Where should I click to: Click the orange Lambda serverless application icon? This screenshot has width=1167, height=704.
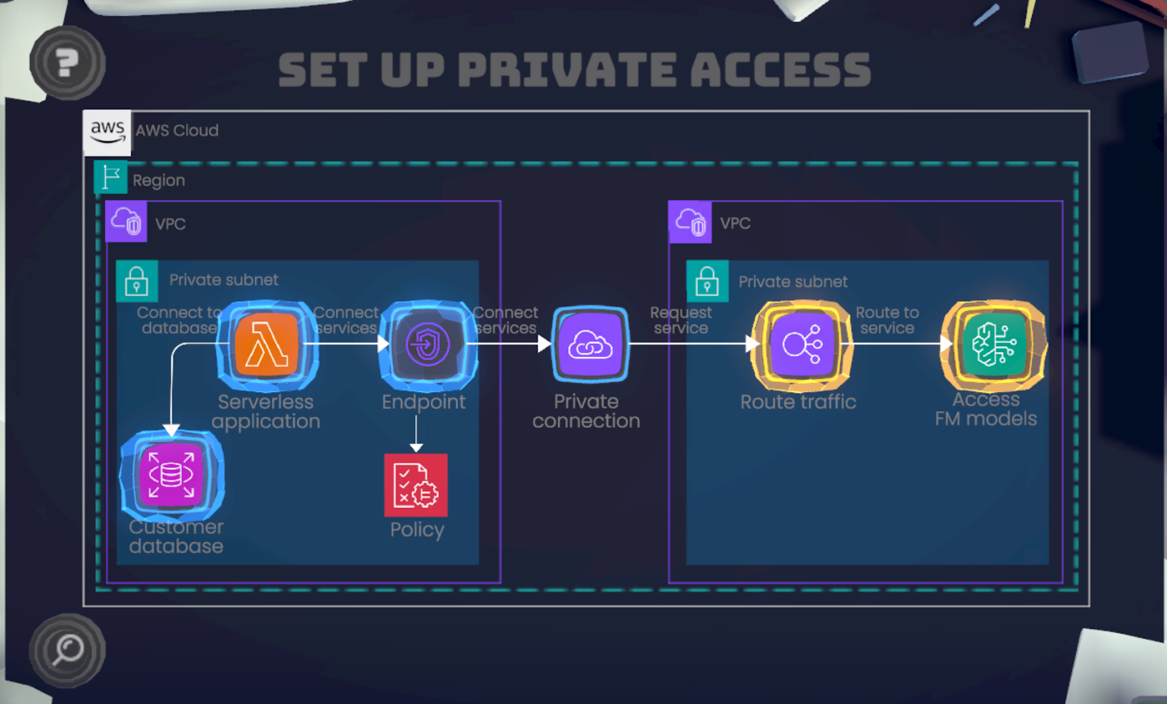tap(267, 345)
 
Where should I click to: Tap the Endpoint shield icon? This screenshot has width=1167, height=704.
tap(428, 345)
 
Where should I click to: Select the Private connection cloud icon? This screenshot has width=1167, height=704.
tap(590, 345)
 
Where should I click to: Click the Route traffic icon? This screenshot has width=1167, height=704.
tap(802, 345)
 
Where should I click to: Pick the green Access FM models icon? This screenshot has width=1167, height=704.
tap(993, 345)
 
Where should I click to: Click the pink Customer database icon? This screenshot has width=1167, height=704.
tap(171, 475)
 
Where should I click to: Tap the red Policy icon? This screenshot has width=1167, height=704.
tap(416, 485)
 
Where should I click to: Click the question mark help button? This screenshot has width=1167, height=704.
tap(67, 63)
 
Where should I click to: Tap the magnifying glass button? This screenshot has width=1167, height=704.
tap(67, 650)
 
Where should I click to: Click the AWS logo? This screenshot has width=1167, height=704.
tap(107, 132)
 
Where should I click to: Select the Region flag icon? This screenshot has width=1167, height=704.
tap(111, 177)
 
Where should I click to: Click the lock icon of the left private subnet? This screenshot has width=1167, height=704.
tap(136, 281)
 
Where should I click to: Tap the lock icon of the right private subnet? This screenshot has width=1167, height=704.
tap(707, 281)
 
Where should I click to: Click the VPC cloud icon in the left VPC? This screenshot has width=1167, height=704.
tap(126, 221)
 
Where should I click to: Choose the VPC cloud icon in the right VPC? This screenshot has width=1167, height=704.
tap(690, 222)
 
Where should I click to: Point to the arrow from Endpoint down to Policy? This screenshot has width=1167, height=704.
tap(416, 434)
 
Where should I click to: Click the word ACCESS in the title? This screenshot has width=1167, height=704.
tap(780, 70)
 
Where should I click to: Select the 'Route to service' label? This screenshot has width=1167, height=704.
tap(887, 320)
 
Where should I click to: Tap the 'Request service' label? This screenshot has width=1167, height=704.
tap(681, 320)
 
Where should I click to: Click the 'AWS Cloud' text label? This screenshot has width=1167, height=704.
tap(177, 130)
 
